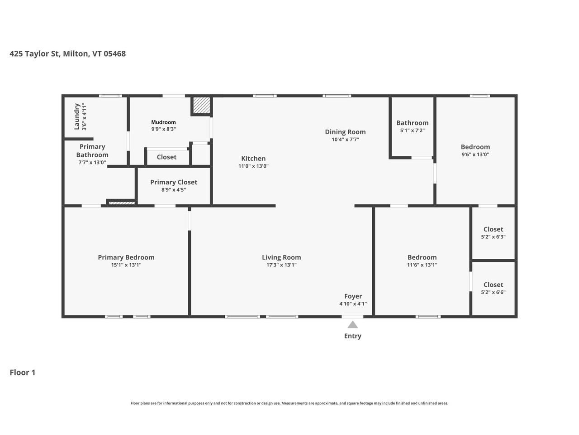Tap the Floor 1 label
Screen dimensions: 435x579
(22, 372)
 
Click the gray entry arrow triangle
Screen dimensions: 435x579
(353, 324)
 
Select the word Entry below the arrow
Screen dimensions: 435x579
(353, 336)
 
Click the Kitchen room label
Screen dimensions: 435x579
(253, 158)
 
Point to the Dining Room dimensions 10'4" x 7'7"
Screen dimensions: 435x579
(345, 140)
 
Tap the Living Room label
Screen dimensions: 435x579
(281, 257)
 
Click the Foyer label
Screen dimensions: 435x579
(353, 296)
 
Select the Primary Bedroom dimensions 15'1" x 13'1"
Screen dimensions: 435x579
(126, 265)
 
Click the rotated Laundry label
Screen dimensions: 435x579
(77, 116)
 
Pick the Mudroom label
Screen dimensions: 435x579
(163, 122)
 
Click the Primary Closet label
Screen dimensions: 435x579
(174, 182)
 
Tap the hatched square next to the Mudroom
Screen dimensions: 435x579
(201, 106)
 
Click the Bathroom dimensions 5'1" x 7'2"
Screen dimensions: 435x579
(412, 130)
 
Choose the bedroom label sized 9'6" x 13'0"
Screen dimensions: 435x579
(475, 147)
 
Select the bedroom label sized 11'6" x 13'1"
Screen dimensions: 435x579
(422, 257)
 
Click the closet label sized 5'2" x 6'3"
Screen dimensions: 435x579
(493, 229)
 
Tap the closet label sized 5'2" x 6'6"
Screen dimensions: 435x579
(493, 285)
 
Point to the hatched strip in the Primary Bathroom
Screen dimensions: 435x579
(122, 203)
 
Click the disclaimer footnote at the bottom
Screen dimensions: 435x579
(289, 403)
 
